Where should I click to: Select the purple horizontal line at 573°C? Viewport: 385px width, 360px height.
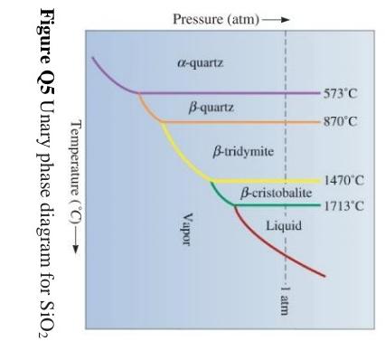226,92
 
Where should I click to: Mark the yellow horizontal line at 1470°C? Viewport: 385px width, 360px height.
271,181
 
